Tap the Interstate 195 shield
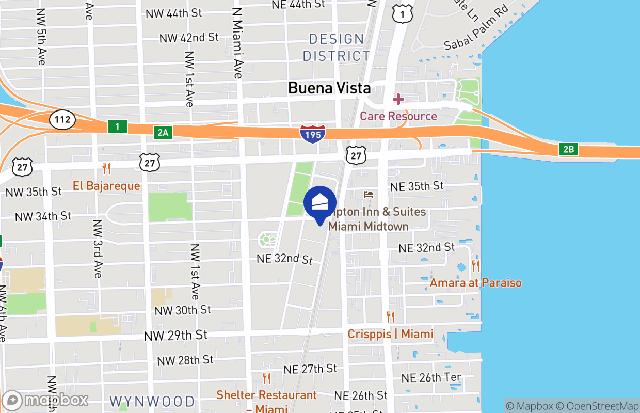[312, 133]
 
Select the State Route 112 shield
[62, 120]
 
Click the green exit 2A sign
[163, 133]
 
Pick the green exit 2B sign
[568, 150]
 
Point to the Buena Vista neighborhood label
[329, 88]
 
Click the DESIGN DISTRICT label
[337, 47]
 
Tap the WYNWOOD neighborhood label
[152, 401]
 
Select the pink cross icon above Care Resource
[398, 99]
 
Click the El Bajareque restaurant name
[106, 186]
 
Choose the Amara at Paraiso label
[475, 283]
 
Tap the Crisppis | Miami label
[390, 334]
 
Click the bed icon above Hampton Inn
[369, 195]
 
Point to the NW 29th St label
[175, 336]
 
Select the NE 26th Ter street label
[431, 378]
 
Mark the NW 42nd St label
[189, 38]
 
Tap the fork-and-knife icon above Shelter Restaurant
[267, 378]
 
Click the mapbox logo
[45, 400]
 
